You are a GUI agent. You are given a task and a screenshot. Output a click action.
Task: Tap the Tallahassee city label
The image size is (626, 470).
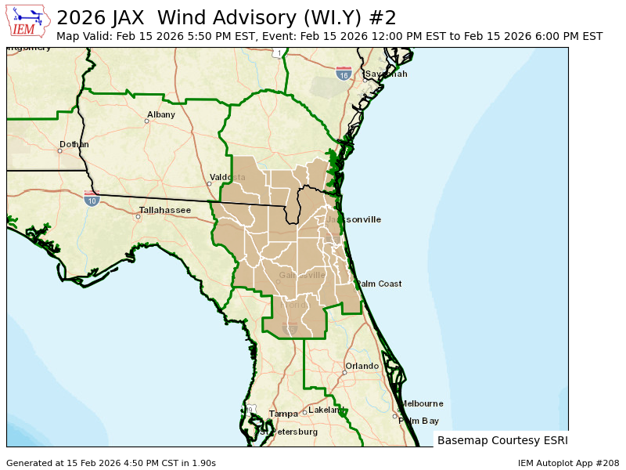click(x=164, y=211)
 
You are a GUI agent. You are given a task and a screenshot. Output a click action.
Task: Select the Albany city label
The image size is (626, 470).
click(x=161, y=114)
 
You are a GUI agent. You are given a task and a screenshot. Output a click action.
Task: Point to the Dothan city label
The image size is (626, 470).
click(x=74, y=145)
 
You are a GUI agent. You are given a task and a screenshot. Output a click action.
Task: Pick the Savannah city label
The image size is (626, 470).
click(x=386, y=74)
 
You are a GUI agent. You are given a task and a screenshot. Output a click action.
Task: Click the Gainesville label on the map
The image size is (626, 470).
click(x=302, y=276)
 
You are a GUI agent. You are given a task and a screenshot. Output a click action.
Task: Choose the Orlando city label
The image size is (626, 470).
click(x=362, y=367)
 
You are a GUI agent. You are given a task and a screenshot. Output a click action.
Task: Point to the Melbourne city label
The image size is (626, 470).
click(x=422, y=404)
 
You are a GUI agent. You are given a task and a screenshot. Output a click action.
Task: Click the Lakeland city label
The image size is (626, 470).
click(x=325, y=410)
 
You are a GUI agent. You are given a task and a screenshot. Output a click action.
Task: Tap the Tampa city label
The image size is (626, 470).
click(x=283, y=414)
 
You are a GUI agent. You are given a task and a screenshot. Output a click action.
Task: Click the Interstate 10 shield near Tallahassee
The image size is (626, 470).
click(x=92, y=200)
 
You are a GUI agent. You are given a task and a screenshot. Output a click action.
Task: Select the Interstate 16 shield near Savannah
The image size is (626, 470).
click(x=343, y=74)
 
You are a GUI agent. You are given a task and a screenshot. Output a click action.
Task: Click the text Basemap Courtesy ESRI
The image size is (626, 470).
click(x=502, y=440)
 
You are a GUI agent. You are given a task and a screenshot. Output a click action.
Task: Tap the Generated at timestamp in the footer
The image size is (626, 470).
click(x=111, y=463)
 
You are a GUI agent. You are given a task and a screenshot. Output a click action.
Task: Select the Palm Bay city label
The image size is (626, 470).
click(x=419, y=421)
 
